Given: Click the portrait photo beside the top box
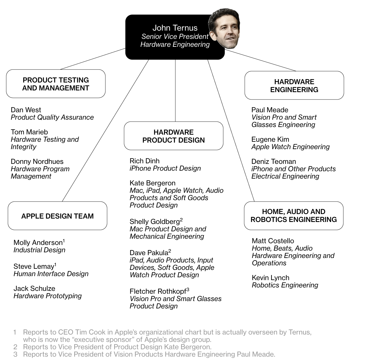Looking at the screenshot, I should click(224, 28).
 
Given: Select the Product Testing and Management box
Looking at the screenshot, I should click(56, 84).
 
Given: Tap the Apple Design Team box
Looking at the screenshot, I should click(58, 216).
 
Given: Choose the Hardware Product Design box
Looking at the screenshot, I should click(174, 136).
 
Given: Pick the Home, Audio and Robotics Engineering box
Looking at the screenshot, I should click(294, 216).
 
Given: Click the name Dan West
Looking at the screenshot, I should click(26, 110).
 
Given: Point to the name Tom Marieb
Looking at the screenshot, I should click(29, 132).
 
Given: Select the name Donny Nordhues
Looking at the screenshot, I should click(37, 162).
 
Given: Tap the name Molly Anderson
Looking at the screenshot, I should click(38, 243).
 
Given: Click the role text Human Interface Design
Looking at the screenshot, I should click(51, 274).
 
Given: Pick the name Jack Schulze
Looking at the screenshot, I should click(34, 289).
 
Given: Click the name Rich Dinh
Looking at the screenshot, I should click(144, 161).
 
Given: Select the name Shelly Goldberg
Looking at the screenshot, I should click(155, 222).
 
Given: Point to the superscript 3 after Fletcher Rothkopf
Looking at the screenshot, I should click(188, 289).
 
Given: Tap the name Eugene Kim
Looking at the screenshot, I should click(270, 139).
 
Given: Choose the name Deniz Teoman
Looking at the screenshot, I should click(274, 162).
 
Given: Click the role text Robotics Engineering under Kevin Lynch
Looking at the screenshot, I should click(285, 285).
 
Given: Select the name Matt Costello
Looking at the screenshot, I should click(273, 241).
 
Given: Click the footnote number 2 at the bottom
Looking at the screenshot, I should click(15, 347).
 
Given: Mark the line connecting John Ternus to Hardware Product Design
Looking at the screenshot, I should click(175, 91).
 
